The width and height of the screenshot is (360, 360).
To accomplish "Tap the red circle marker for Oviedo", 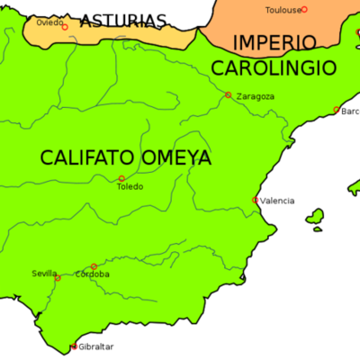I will (x=65, y=27).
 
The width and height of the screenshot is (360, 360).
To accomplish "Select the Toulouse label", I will (x=283, y=10).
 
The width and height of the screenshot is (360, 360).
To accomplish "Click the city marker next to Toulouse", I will (x=304, y=10).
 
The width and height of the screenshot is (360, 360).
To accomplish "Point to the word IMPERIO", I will (x=274, y=42).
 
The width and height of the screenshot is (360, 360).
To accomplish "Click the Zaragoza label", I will (x=255, y=96).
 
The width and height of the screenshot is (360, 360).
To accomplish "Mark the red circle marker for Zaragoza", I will (x=229, y=94).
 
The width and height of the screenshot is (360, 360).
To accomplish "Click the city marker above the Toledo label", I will (x=121, y=178).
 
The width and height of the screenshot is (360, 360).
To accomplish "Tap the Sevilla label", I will (x=45, y=273).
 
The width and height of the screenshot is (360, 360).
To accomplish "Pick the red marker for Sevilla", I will (x=58, y=278).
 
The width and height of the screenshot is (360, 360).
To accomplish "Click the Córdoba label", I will (x=93, y=274).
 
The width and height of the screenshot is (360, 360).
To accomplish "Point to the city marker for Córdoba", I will (x=94, y=266).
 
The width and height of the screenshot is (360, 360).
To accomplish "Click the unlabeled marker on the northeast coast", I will (x=337, y=111).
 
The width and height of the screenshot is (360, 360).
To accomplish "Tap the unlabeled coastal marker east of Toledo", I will (x=256, y=200).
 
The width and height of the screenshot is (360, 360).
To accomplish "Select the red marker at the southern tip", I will (x=75, y=347).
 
